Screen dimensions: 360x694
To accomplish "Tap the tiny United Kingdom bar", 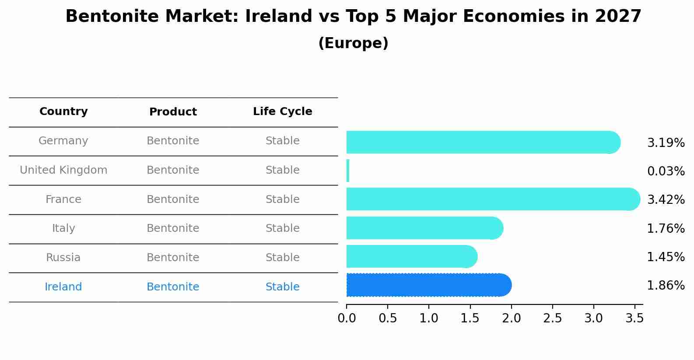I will pos(348,171).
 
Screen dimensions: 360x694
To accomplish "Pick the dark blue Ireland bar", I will pos(429,285).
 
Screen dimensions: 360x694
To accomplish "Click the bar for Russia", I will pos(411,256).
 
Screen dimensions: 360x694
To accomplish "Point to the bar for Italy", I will pos(424,228).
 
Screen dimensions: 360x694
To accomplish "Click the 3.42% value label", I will pos(666,200).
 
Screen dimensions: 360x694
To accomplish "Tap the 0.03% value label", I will pos(666,171).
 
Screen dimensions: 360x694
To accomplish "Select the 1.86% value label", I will pos(666,286).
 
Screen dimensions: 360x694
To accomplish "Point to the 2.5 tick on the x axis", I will pos(552,318).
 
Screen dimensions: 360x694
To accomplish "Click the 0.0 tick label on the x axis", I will pos(347,318).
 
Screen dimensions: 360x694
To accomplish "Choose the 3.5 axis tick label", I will pos(634,318).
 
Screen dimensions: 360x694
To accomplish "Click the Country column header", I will pos(63,112).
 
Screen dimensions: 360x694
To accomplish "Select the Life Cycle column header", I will pos(282,112).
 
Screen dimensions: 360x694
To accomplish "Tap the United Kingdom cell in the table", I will pos(63,170).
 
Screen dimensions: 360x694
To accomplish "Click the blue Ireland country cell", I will pos(63,287).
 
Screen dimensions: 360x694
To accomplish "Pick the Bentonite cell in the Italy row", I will pos(173,228).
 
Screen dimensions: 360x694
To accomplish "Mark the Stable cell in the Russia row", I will pos(282,258).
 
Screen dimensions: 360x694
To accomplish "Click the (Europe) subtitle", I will pos(353,43).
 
